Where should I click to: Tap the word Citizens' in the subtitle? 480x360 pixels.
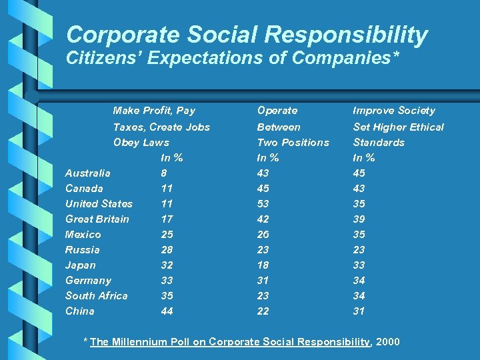pos(104,59)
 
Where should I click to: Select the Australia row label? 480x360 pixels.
pos(87,173)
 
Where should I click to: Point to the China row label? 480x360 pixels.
pos(79,311)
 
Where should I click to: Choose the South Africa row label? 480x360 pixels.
pos(96,295)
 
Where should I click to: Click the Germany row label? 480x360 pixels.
pos(88,280)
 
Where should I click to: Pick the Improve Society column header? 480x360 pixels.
pos(393,111)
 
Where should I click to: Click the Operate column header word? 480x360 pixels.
pos(277,111)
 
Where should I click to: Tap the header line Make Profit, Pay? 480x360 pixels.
pos(154,111)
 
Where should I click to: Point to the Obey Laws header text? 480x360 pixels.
pos(141,142)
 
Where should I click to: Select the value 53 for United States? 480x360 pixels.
pos(264,203)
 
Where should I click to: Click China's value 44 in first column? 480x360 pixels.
pos(167,311)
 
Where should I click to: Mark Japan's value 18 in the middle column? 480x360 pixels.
pos(264,265)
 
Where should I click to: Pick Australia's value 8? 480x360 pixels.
pos(164,173)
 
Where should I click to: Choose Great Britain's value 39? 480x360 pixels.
pos(359,219)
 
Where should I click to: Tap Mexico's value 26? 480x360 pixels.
pos(264,234)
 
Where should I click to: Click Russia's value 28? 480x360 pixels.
pos(167,249)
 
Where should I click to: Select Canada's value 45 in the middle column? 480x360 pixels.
pos(264,188)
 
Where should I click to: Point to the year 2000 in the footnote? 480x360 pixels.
pos(388,342)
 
